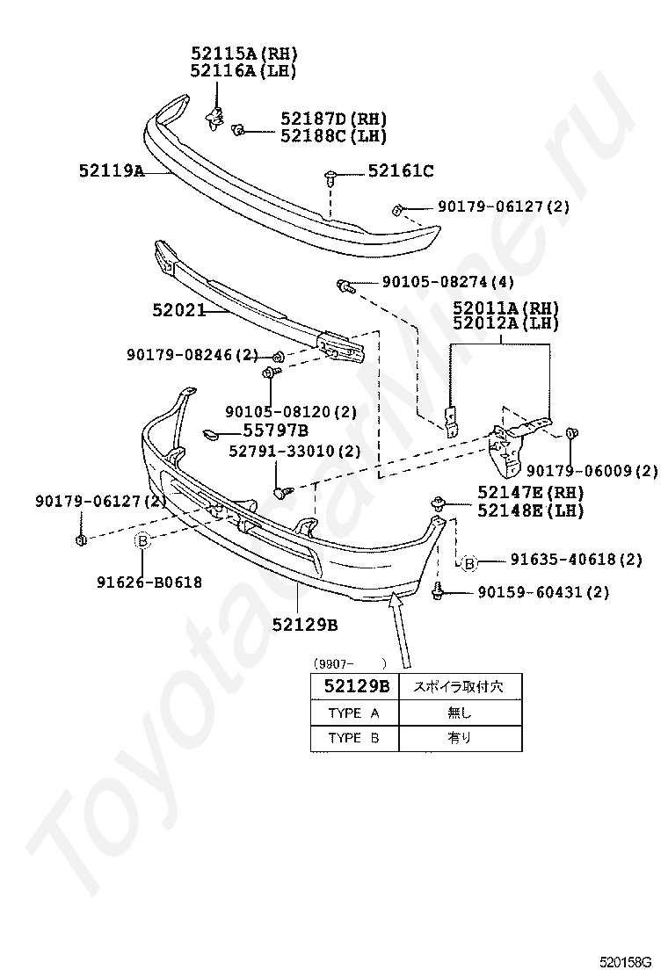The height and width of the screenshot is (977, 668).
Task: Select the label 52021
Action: pos(178,310)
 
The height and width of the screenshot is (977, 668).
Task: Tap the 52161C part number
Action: pos(400,172)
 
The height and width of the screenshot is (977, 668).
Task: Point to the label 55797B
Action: pos(275,431)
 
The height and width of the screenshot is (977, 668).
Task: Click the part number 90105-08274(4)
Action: pos(447,283)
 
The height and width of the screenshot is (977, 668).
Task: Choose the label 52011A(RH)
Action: pos(505,308)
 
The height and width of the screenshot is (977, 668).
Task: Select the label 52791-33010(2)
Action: pos(294,451)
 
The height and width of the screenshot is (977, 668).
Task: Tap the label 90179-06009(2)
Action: pos(592,471)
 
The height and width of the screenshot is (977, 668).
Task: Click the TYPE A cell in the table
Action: pos(353,713)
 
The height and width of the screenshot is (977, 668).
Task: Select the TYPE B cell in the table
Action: pos(353,738)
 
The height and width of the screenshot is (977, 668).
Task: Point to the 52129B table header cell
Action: pos(354,686)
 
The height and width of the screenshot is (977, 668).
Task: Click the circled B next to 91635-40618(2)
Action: pos(469,562)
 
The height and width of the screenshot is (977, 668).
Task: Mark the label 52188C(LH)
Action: pos(333,136)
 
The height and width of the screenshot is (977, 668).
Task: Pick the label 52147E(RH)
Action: pos(531,492)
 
